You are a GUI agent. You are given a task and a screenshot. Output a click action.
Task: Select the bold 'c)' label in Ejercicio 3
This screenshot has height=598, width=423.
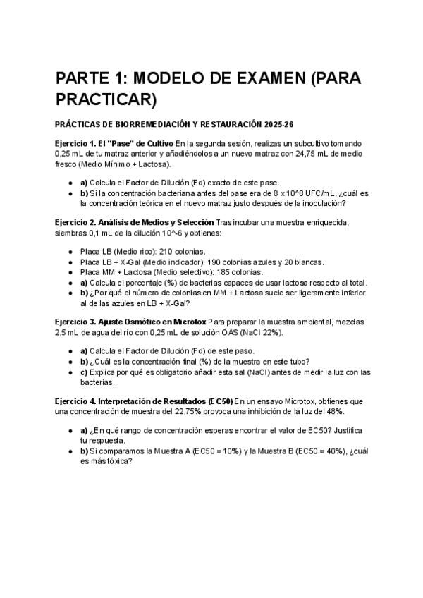tap(84, 372)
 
